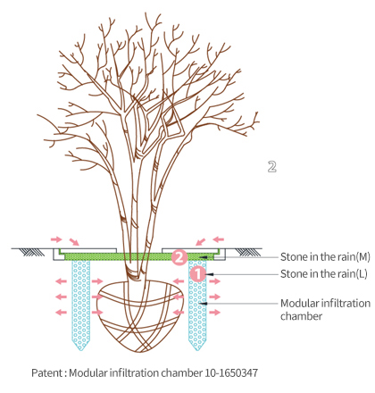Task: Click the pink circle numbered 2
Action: click(179, 257)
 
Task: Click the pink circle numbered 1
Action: click(197, 274)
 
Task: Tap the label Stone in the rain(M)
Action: click(325, 256)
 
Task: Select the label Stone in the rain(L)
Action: click(324, 273)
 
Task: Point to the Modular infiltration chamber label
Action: click(325, 309)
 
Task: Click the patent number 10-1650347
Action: click(231, 372)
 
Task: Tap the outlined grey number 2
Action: click(271, 167)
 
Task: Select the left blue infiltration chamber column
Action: click(81, 304)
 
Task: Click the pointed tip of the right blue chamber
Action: click(197, 350)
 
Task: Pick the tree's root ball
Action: click(140, 315)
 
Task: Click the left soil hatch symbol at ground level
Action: click(34, 253)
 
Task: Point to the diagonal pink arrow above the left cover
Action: click(74, 242)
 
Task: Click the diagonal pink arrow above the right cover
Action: click(201, 241)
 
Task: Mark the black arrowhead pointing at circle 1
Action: click(210, 274)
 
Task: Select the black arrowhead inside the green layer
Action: click(203, 256)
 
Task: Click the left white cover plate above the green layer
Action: click(87, 250)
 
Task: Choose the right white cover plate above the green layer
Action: click(191, 250)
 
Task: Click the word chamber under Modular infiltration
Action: click(301, 316)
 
